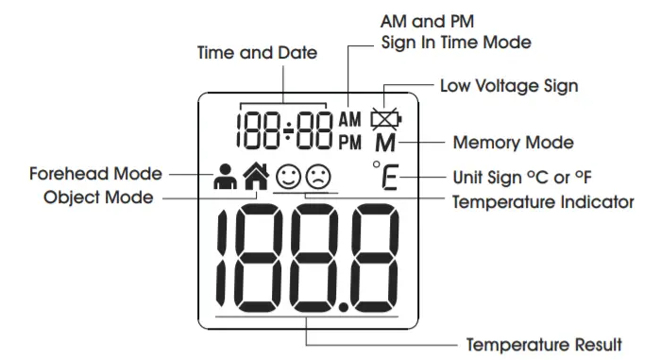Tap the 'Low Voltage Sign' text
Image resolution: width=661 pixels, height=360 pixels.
click(x=509, y=86)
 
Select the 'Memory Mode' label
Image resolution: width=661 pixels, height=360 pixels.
click(x=513, y=144)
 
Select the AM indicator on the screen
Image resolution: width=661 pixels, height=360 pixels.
click(x=350, y=120)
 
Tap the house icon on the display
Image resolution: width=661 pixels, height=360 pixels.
click(x=257, y=176)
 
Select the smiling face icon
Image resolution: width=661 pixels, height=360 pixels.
click(x=288, y=176)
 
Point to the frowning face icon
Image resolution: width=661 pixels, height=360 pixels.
click(x=318, y=176)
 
